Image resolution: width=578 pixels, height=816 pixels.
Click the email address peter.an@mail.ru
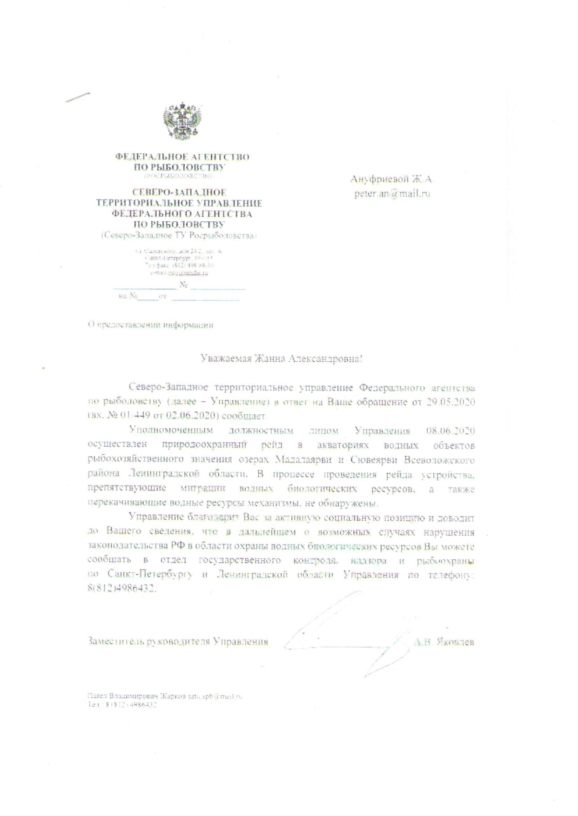click(x=392, y=194)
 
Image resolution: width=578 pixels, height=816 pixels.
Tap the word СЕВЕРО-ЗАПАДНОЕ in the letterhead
click(x=179, y=192)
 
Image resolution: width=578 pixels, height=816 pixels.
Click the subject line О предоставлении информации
click(x=151, y=325)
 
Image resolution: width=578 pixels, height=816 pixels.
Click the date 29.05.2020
click(x=450, y=402)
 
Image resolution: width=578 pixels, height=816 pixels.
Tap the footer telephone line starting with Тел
click(x=122, y=705)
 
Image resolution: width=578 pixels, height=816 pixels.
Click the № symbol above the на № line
click(x=183, y=285)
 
